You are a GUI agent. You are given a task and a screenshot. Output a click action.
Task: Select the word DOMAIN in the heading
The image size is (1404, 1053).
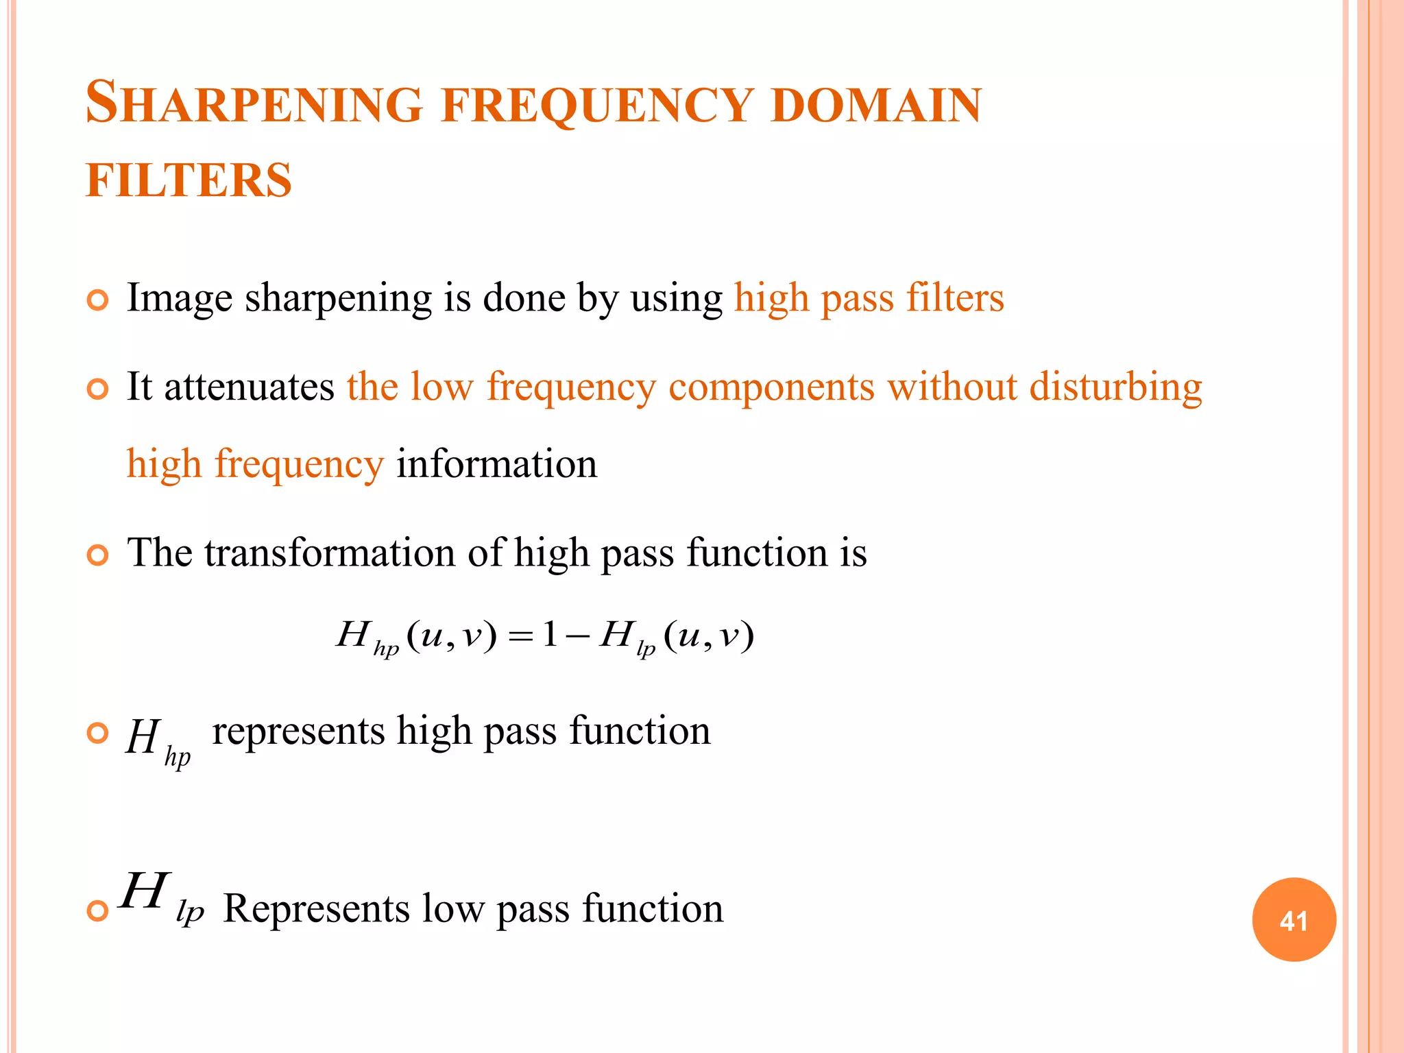click(x=876, y=106)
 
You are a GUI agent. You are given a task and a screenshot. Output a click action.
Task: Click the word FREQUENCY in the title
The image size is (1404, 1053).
click(x=596, y=107)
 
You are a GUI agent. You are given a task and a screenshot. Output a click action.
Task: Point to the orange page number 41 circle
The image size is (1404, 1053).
click(x=1294, y=920)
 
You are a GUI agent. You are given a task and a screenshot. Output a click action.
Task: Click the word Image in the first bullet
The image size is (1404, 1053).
click(x=180, y=299)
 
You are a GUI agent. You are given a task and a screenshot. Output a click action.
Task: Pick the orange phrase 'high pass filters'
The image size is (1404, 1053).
click(x=869, y=299)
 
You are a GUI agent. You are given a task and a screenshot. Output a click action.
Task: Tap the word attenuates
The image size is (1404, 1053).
click(x=249, y=387)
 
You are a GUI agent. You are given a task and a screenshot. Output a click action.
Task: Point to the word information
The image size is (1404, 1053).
click(x=496, y=464)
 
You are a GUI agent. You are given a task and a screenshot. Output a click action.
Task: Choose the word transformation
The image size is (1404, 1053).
click(x=330, y=553)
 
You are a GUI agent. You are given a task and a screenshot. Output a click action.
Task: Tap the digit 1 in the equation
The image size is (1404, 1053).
click(x=549, y=635)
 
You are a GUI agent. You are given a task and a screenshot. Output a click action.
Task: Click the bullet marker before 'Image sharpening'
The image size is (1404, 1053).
click(x=98, y=300)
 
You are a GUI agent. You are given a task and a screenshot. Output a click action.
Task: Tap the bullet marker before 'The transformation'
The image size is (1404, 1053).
click(x=98, y=555)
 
